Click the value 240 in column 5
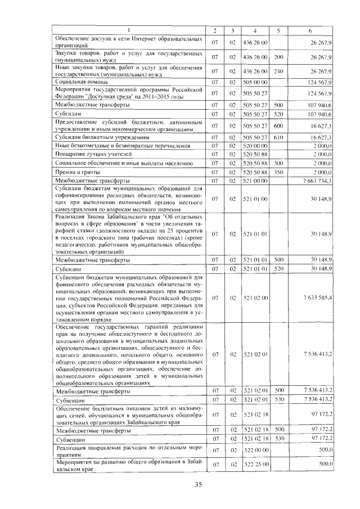pos(278,71)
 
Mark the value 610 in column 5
pos(278,137)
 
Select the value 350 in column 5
pos(278,172)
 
